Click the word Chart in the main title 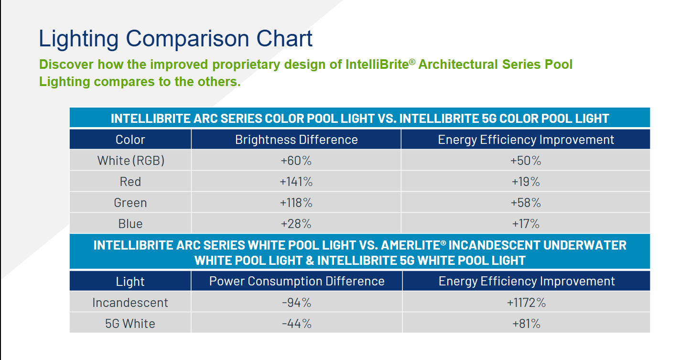click(284, 39)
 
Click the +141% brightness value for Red click(296, 182)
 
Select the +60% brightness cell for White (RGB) click(296, 161)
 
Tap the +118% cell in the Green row click(296, 203)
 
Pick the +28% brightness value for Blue click(296, 224)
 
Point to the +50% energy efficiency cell click(526, 161)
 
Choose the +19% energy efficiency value click(526, 182)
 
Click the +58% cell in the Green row click(526, 203)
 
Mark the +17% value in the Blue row click(526, 224)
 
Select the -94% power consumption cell click(296, 303)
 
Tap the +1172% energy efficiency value click(526, 303)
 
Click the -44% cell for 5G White click(296, 324)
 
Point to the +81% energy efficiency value click(526, 324)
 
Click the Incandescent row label click(130, 303)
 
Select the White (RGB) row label click(131, 161)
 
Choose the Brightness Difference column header click(296, 140)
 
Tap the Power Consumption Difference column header click(297, 281)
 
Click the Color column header click(130, 140)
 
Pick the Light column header click(130, 282)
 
